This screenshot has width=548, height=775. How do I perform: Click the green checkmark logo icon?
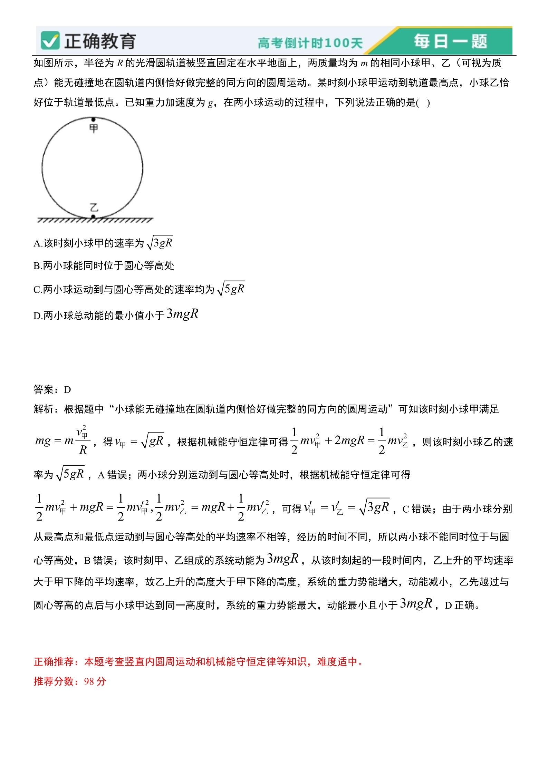click(50, 41)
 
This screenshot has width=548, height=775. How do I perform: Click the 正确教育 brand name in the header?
click(100, 41)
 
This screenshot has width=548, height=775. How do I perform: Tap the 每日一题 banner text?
click(451, 41)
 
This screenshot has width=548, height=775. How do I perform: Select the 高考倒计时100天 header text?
click(310, 43)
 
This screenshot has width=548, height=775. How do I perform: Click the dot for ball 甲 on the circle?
click(93, 119)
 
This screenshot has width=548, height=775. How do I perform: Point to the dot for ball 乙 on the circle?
click(93, 217)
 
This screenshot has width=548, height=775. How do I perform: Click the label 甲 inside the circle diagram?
click(94, 128)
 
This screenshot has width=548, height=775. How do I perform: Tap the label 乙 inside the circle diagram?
click(94, 207)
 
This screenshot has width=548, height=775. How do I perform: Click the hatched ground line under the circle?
click(95, 220)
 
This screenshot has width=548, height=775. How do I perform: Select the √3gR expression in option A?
click(160, 243)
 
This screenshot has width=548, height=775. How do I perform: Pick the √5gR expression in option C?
click(231, 289)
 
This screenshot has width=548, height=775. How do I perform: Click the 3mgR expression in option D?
click(182, 314)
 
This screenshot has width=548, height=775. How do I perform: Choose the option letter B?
click(37, 266)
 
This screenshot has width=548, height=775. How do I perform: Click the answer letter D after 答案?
click(67, 390)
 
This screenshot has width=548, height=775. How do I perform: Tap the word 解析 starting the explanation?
click(44, 409)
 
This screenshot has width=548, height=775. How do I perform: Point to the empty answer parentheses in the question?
click(423, 103)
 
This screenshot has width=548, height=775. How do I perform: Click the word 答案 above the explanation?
click(44, 390)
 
